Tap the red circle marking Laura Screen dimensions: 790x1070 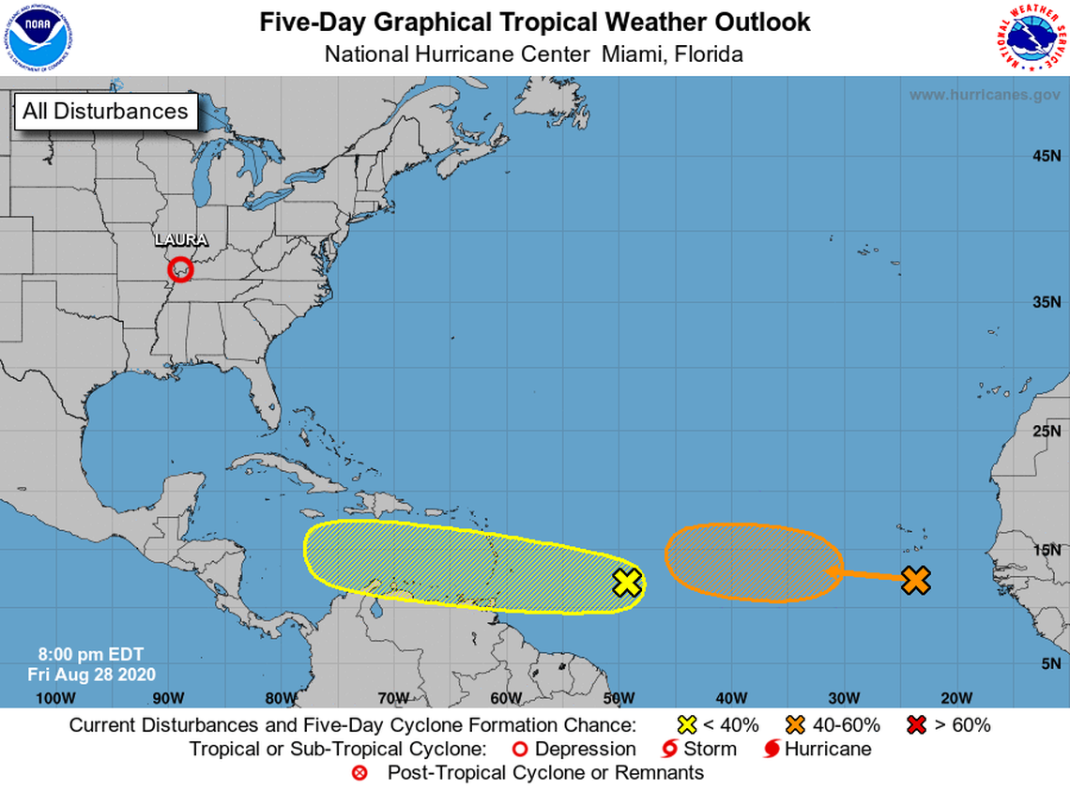pos(180,270)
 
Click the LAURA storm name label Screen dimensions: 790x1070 pos(181,240)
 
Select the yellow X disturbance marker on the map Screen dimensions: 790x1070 pos(627,583)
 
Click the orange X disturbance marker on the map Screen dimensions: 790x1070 pos(915,580)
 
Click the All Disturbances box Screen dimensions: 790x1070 pos(105,112)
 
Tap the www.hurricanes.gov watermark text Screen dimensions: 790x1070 pos(984,95)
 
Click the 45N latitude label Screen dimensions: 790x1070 pos(1047,156)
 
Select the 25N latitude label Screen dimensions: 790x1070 pos(1047,432)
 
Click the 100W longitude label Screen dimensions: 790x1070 pos(54,697)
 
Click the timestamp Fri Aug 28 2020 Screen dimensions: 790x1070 pos(92,675)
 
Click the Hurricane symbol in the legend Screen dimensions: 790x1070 pos(772,749)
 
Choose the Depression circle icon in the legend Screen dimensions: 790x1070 pos(517,749)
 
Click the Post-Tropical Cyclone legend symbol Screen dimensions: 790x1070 pos(359,773)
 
